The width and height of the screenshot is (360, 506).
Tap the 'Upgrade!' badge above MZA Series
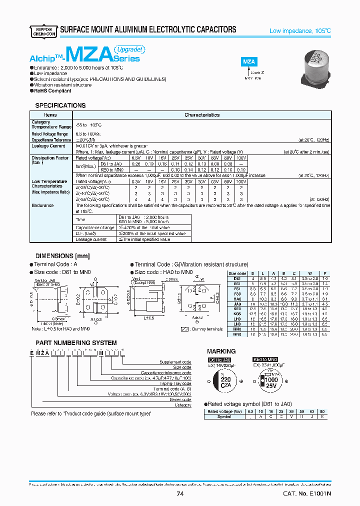130,49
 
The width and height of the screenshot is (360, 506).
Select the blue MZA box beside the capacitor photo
249,62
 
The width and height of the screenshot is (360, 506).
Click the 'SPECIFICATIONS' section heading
60,105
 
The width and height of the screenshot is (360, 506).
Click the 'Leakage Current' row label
48,146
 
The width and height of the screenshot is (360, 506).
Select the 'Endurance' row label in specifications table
42,205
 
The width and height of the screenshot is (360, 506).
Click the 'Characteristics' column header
202,115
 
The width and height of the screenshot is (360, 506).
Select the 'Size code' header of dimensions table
237,273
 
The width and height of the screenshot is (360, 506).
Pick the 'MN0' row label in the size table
237,334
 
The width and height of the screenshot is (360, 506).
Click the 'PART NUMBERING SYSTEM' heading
76,343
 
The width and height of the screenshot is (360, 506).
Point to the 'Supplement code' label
175,361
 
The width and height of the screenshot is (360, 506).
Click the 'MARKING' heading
220,351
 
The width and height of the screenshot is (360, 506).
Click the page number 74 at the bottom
180,494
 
